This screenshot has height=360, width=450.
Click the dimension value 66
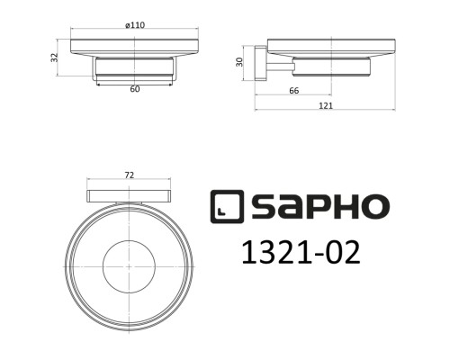coord(292,91)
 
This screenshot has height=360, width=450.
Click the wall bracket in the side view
coord(261,65)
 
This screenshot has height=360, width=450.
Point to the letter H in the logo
coord(346,206)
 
